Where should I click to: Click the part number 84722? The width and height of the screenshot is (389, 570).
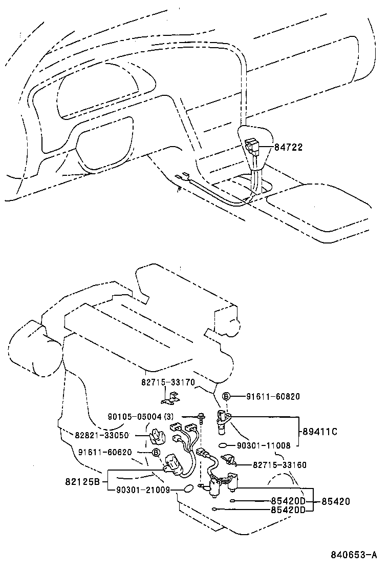click(x=289, y=148)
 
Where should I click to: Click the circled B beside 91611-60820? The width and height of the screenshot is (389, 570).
click(x=226, y=396)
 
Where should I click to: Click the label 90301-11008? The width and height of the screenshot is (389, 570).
click(x=264, y=445)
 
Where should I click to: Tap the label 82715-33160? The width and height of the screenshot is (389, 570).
click(x=280, y=465)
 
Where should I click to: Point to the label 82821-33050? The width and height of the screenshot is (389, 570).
click(x=101, y=435)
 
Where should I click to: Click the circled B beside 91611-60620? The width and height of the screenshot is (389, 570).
click(x=157, y=452)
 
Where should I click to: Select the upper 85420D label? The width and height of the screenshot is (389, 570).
click(x=288, y=501)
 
